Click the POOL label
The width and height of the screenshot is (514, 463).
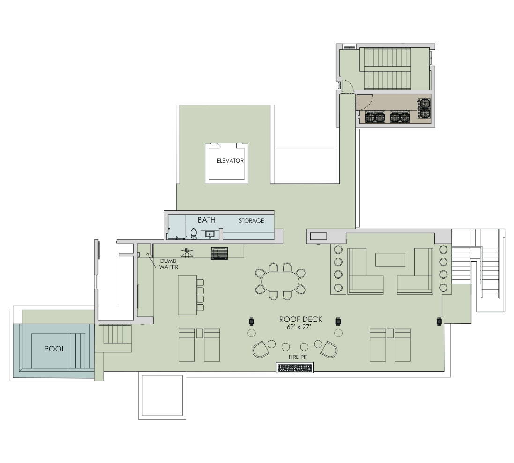click(x=54, y=349)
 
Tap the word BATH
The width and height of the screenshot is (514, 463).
click(x=206, y=220)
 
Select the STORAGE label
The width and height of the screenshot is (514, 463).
click(x=251, y=221)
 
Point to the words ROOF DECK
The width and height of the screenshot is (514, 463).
click(x=300, y=319)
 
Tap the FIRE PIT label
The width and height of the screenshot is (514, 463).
click(x=298, y=357)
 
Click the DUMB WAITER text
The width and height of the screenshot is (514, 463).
click(x=169, y=264)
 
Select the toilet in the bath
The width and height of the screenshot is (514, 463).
click(x=194, y=233)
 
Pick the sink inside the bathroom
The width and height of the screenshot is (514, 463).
click(x=209, y=233)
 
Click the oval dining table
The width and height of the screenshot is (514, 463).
click(x=280, y=282)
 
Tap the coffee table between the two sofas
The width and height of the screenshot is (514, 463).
click(x=390, y=259)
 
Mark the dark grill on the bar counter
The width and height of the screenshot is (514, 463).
click(x=219, y=253)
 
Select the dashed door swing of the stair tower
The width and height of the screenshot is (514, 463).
click(x=346, y=87)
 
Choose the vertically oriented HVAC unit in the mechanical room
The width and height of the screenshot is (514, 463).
click(x=425, y=108)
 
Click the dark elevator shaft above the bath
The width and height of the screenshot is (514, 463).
click(x=227, y=164)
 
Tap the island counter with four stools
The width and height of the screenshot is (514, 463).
click(x=187, y=295)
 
